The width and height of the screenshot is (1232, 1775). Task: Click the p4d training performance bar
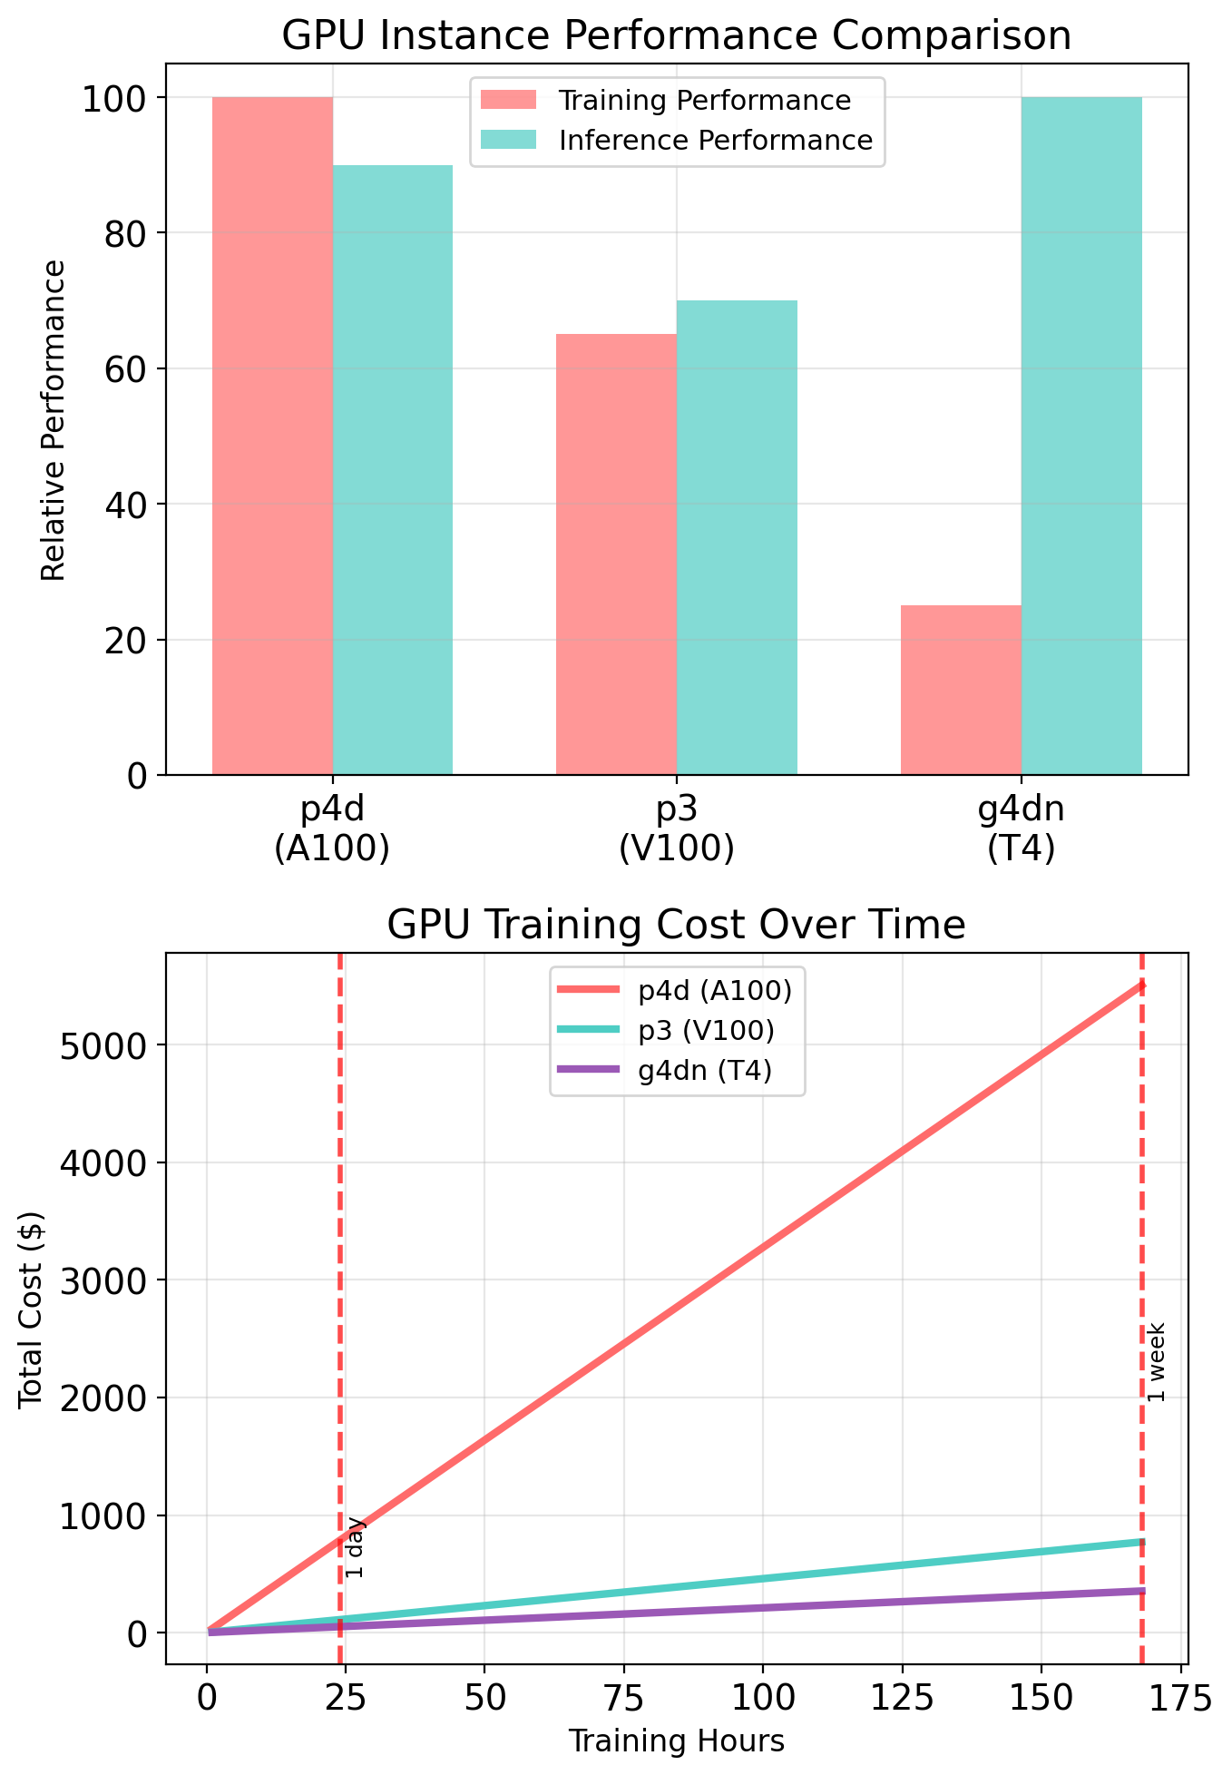(x=272, y=436)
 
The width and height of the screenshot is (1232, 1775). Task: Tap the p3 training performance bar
(x=616, y=554)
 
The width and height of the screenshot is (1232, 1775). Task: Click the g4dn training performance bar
(x=961, y=690)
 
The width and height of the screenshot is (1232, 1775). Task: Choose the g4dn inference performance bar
(x=1081, y=436)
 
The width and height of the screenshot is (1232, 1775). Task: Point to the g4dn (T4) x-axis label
(x=1022, y=829)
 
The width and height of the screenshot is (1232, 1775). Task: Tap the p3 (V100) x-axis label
(x=677, y=829)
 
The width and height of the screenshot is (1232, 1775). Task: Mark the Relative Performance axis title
(x=54, y=419)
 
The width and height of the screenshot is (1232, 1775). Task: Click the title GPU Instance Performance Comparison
(x=677, y=36)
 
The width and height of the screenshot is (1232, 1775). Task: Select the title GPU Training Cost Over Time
(x=677, y=925)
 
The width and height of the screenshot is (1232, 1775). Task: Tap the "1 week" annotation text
(x=1156, y=1362)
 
